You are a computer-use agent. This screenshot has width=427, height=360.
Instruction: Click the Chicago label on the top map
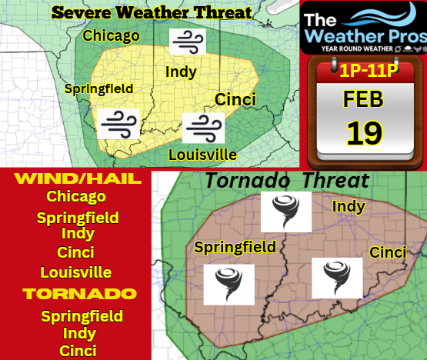[111, 35]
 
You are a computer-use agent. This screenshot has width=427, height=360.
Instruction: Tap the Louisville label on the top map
[202, 155]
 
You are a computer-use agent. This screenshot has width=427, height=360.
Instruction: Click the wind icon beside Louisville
[204, 125]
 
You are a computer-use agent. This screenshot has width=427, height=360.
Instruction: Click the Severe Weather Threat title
[151, 12]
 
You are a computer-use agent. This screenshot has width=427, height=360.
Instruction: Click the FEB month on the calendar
[364, 100]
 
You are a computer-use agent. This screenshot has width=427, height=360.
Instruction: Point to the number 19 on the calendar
[363, 132]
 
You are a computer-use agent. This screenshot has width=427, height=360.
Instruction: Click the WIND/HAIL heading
[77, 179]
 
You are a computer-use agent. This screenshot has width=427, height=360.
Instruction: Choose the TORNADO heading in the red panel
[80, 293]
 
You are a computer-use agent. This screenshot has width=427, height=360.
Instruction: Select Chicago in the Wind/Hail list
[76, 197]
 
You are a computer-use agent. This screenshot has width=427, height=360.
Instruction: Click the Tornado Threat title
[286, 180]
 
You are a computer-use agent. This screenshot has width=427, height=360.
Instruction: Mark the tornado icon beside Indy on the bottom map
[286, 212]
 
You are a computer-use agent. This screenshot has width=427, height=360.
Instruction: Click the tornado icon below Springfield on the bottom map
[229, 284]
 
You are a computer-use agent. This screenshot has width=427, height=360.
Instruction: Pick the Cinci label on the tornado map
[389, 252]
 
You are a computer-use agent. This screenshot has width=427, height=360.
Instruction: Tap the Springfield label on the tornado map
[235, 247]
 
